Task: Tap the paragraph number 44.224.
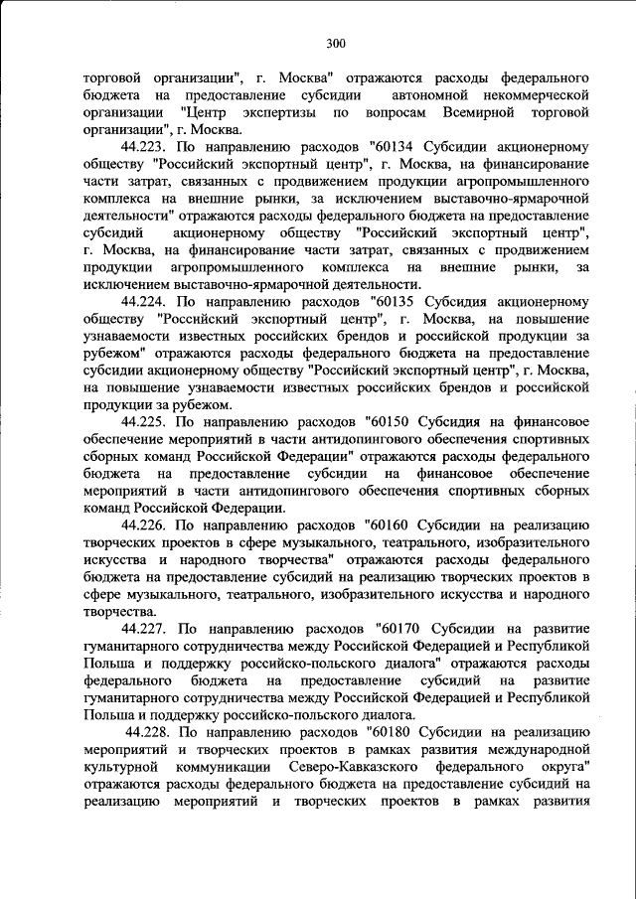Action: (x=147, y=299)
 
